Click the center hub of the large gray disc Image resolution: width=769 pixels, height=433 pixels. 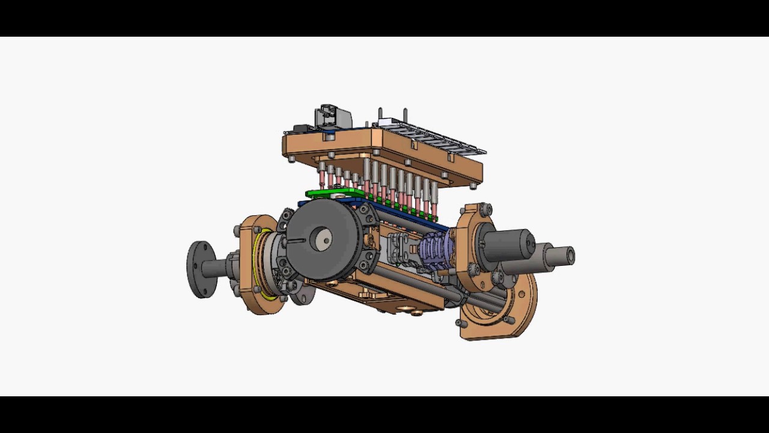[324, 240]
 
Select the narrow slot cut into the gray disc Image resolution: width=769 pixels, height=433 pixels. [296, 241]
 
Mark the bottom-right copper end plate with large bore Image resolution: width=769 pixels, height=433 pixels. [499, 313]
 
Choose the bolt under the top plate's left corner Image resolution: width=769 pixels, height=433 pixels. [291, 159]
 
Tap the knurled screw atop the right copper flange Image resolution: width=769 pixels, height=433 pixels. [484, 209]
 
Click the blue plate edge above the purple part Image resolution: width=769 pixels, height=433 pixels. [421, 220]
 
